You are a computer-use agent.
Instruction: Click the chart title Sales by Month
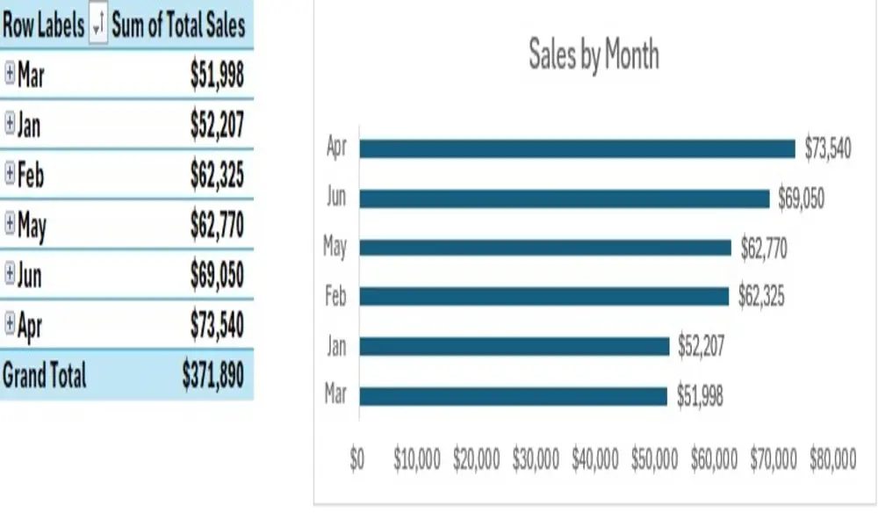coord(594,55)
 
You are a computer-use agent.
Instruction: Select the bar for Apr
coord(577,148)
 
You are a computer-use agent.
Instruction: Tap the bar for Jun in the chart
coord(564,199)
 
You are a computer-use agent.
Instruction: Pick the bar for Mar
coord(513,396)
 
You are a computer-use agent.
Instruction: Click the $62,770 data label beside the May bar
coord(764,249)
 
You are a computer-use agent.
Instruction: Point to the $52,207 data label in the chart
coord(701,347)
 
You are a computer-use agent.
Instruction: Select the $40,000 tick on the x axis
coord(595,460)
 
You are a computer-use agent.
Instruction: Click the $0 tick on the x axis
coord(356,460)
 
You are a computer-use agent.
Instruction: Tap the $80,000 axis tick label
coord(832,460)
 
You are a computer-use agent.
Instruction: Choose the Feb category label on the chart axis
coord(335,297)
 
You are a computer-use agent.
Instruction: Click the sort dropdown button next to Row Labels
coord(97,26)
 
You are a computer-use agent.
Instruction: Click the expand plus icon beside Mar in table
coord(10,75)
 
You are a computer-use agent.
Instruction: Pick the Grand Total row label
coord(44,376)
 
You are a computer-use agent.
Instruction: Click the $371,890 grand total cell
coord(212,376)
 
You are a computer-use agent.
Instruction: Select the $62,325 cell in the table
coord(217,176)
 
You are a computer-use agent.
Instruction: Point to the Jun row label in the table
coord(29,276)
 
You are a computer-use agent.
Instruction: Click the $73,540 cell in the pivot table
coord(217,326)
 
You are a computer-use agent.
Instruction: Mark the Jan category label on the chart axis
coord(335,347)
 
